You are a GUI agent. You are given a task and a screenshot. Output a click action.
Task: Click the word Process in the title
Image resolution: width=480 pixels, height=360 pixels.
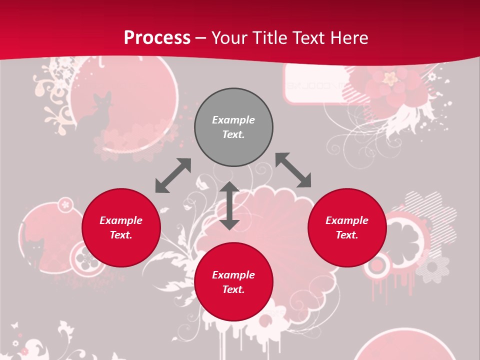tap(157, 38)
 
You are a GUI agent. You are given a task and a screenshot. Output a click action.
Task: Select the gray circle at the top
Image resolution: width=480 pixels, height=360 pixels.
tap(233, 127)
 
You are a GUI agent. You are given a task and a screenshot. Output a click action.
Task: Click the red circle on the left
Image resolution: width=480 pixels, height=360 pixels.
tap(121, 227)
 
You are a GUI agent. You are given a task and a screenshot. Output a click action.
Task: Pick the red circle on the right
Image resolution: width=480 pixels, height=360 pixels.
tap(347, 227)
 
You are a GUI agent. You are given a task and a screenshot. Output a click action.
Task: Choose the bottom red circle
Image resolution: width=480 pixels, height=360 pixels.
tap(233, 282)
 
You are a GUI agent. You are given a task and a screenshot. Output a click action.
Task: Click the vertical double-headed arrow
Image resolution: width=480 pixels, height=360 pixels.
tap(229, 205)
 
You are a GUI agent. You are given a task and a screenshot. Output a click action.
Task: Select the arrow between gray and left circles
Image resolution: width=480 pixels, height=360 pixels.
tap(173, 175)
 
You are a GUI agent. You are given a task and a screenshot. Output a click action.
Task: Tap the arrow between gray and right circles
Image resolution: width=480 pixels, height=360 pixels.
tap(293, 170)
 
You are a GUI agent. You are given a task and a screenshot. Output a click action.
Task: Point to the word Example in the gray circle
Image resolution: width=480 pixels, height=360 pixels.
tap(233, 120)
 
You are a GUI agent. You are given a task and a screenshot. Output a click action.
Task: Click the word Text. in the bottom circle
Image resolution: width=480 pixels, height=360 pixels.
tap(233, 289)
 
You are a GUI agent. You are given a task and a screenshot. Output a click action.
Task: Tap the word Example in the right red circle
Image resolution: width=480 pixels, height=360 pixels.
tap(347, 220)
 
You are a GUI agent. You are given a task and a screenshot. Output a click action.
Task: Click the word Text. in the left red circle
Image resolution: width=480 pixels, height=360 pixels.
tap(121, 235)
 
